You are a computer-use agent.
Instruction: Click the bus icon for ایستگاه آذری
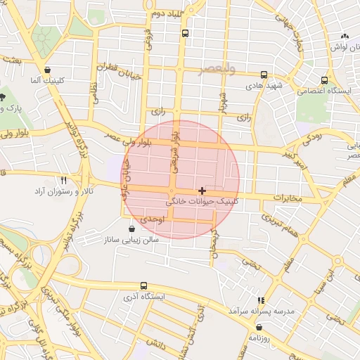[x=143, y=285]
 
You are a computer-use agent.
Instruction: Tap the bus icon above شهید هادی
[x=264, y=75]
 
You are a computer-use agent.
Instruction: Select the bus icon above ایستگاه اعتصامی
[x=324, y=80]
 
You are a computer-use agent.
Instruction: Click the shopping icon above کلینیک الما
[x=47, y=70]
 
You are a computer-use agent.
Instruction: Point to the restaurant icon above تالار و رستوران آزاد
[x=64, y=180]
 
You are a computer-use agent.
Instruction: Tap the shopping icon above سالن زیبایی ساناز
[x=132, y=229]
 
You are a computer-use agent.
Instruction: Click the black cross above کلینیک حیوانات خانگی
[x=202, y=191]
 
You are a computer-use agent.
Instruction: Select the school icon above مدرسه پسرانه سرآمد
[x=261, y=300]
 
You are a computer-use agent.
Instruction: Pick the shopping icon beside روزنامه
[x=260, y=327]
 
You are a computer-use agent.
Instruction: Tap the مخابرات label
[x=286, y=198]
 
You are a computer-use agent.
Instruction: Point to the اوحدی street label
[x=151, y=219]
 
